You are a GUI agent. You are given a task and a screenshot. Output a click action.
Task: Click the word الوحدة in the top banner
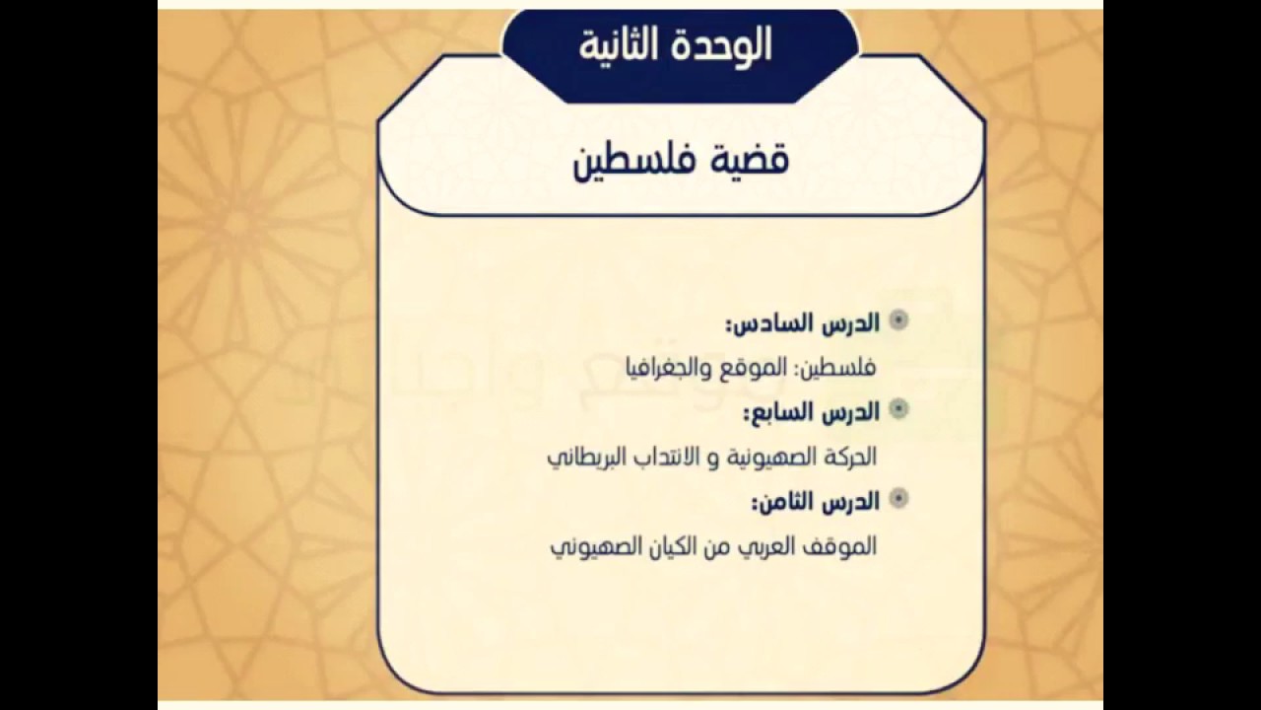pyautogui.click(x=723, y=45)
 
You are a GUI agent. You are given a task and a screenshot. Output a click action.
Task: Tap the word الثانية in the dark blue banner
pyautogui.click(x=622, y=45)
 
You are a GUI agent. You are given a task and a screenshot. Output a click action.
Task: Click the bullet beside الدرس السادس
pyautogui.click(x=898, y=320)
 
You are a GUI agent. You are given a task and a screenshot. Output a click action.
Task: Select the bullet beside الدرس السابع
pyautogui.click(x=898, y=409)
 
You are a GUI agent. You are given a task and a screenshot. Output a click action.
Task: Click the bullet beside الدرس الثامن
pyautogui.click(x=898, y=499)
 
